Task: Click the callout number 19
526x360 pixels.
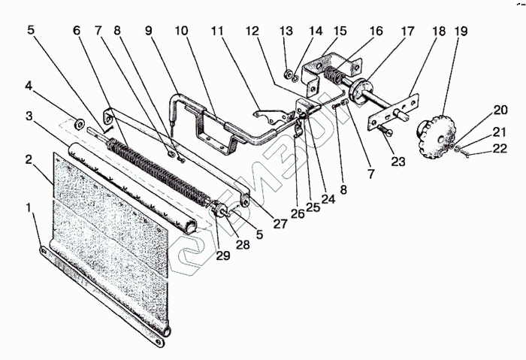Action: tap(461, 32)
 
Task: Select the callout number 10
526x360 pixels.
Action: tap(182, 32)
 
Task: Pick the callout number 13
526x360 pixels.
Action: tap(286, 32)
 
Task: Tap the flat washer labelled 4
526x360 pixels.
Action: tap(78, 121)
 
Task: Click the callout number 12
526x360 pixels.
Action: tap(252, 32)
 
